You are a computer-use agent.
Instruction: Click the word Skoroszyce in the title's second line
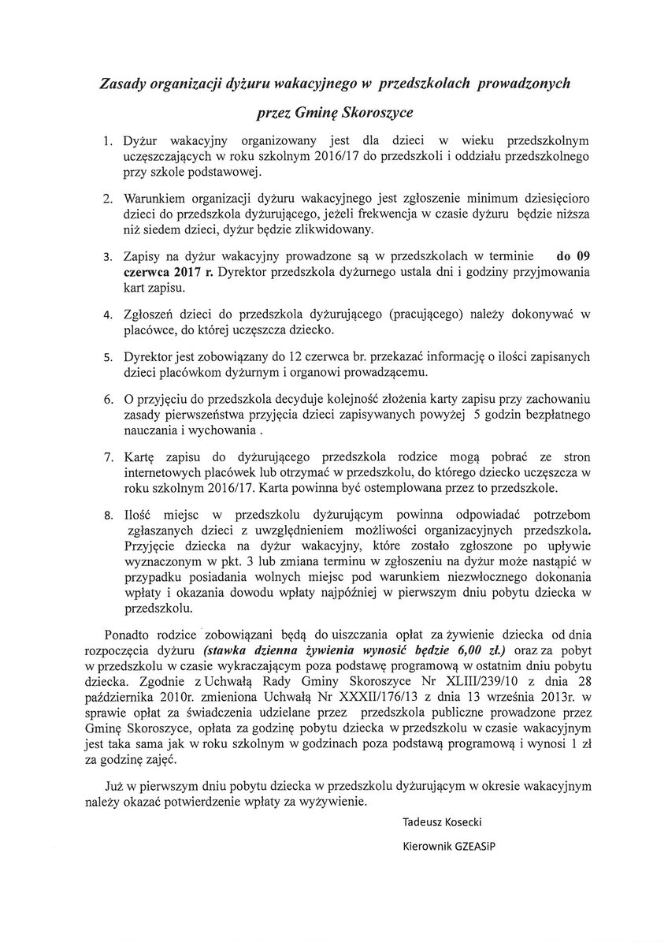[x=370, y=112]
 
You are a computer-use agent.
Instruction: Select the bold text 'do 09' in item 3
[x=573, y=257]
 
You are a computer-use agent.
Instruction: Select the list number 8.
[x=107, y=516]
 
